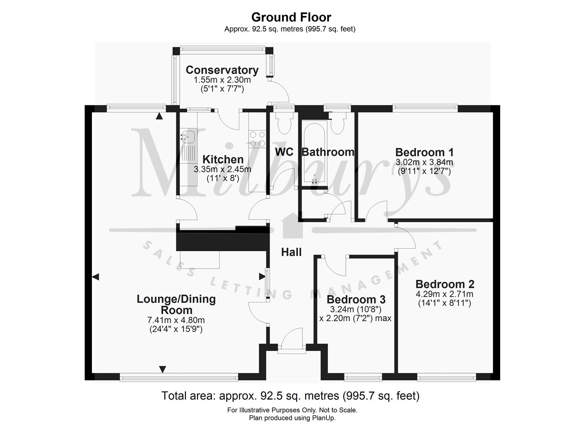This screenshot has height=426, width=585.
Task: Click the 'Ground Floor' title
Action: point(291,17)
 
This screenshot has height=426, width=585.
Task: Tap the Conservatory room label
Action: point(222,70)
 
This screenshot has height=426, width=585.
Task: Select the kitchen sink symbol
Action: point(188,137)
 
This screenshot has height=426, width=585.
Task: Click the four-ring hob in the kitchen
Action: point(257,139)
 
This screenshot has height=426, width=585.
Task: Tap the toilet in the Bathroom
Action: point(337,123)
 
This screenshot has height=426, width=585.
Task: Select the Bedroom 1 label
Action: point(424,152)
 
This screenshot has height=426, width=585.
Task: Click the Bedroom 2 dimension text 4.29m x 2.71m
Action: point(444,294)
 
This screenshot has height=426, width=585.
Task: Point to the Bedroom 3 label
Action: point(356,299)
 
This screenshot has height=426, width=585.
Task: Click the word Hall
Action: point(291,252)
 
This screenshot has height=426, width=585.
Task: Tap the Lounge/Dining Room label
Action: point(176,304)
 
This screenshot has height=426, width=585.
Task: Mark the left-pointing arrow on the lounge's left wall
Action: point(95,276)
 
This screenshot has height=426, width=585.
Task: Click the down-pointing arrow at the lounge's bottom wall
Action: point(162,369)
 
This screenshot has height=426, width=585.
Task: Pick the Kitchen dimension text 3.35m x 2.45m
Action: point(222,169)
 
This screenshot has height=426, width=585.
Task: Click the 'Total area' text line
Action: point(290,396)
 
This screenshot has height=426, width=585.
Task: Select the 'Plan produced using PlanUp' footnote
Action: point(292,418)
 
